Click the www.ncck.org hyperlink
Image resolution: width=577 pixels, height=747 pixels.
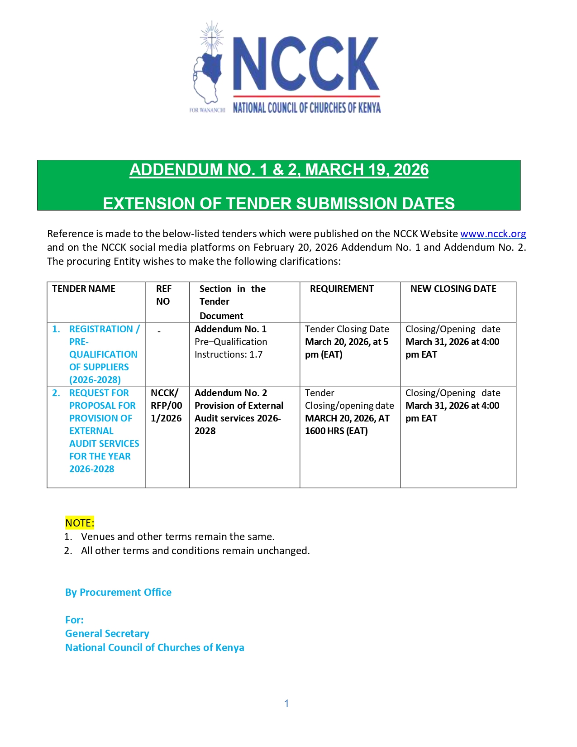493,234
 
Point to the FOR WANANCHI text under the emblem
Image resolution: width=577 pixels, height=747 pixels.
207,110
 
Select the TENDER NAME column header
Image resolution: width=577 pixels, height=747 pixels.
84,289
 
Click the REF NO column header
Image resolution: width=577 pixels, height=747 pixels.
163,295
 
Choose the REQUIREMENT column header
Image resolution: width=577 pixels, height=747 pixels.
342,289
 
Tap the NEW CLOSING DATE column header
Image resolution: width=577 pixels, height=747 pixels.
453,289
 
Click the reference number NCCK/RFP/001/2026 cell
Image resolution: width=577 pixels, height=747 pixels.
166,406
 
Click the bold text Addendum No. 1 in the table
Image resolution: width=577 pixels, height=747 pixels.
230,329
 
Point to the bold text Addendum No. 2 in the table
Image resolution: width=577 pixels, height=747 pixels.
231,393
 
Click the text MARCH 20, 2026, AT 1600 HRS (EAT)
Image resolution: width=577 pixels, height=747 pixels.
347,425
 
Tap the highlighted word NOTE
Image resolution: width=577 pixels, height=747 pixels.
80,523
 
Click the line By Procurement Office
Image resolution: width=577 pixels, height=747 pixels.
118,592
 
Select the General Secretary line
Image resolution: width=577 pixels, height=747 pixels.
107,633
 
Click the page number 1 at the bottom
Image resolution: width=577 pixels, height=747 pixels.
286,703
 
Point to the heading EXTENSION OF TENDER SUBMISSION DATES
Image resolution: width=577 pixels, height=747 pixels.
279,203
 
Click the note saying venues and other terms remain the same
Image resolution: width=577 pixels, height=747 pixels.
177,536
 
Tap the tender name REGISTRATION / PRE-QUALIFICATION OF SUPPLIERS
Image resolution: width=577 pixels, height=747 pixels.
103,354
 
